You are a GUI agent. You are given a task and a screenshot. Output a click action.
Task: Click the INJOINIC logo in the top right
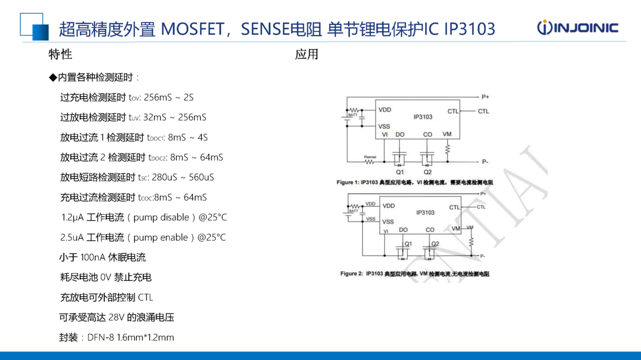577,28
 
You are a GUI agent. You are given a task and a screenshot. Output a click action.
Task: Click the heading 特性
60,54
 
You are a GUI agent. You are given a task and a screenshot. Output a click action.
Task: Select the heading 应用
307,54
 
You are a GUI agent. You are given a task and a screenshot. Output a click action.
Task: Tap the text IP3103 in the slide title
470,28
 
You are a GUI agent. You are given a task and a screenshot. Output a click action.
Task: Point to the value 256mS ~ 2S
169,97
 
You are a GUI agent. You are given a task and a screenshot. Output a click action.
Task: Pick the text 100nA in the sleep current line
93,257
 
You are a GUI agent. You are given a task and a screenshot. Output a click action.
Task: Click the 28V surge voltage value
116,318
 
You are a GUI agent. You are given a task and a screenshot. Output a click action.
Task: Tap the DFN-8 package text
100,338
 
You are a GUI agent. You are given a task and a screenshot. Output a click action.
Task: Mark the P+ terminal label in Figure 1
485,97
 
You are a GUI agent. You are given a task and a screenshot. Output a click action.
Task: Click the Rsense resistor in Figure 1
370,160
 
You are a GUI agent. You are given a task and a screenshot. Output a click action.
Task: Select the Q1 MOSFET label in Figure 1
400,172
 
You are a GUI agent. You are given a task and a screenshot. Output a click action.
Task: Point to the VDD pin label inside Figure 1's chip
385,110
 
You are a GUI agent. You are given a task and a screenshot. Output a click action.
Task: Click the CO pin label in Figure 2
430,230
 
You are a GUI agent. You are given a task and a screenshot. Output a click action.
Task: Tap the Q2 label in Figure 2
435,244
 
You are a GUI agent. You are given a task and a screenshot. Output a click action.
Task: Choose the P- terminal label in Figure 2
482,256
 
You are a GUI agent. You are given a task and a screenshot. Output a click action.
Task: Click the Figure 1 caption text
415,183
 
